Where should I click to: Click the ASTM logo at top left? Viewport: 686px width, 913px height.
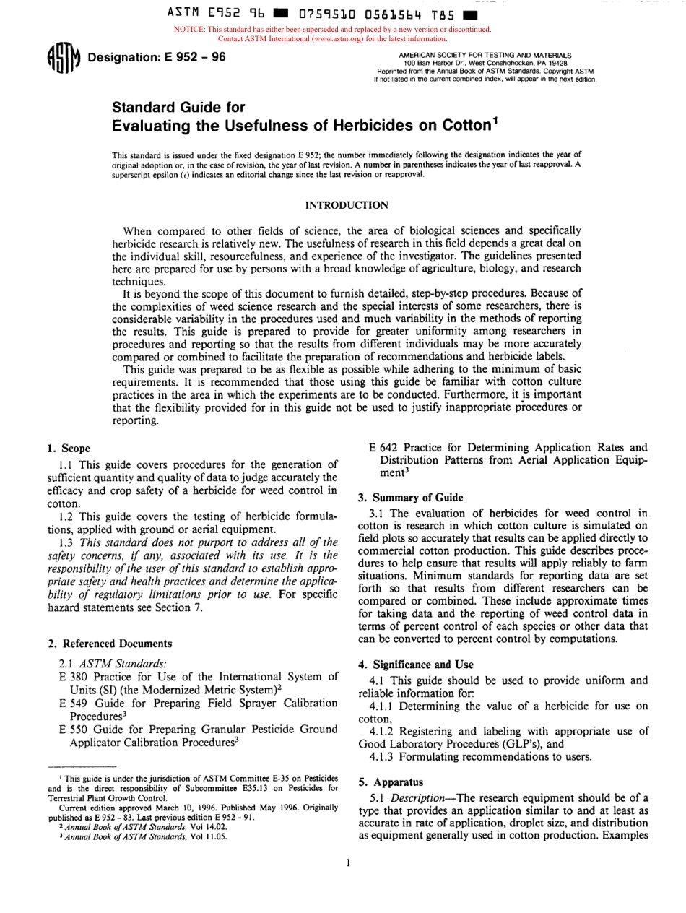[x=64, y=58]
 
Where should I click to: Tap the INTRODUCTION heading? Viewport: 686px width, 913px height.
[x=347, y=206]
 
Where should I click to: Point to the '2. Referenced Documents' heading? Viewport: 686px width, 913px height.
[x=110, y=643]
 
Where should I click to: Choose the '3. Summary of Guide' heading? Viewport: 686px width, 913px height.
[x=409, y=497]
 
